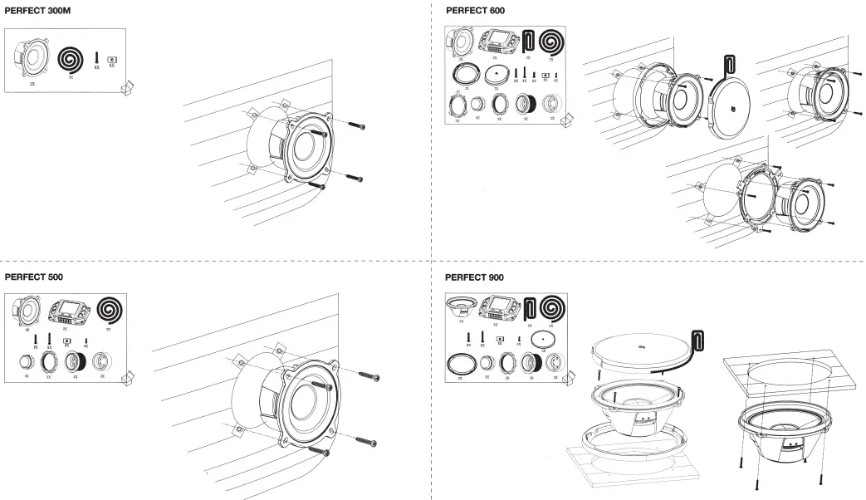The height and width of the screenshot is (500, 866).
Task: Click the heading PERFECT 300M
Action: tap(40, 11)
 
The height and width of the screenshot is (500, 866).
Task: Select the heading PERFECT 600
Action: tap(475, 11)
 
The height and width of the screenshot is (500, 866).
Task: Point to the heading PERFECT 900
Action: tap(474, 277)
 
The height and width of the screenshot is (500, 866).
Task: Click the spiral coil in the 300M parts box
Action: tap(71, 57)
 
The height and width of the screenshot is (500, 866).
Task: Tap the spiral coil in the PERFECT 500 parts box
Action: tap(109, 310)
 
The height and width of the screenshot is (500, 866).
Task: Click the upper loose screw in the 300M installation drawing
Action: tap(355, 126)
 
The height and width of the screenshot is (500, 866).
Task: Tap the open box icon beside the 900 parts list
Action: tap(567, 380)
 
